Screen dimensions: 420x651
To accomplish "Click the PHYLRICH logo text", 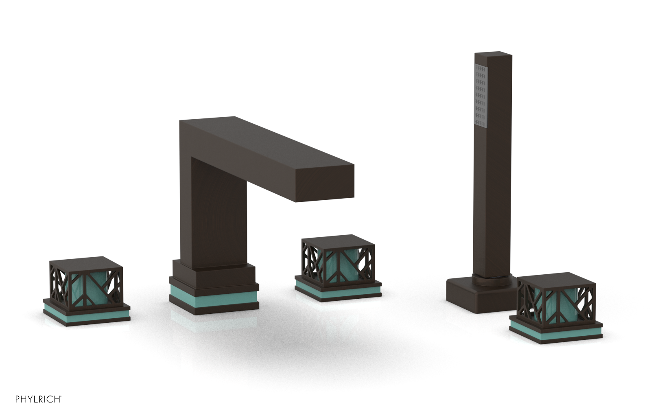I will (38, 399).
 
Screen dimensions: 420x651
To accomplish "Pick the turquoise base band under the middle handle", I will (338, 289).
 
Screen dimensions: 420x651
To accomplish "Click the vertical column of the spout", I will (212, 212).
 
